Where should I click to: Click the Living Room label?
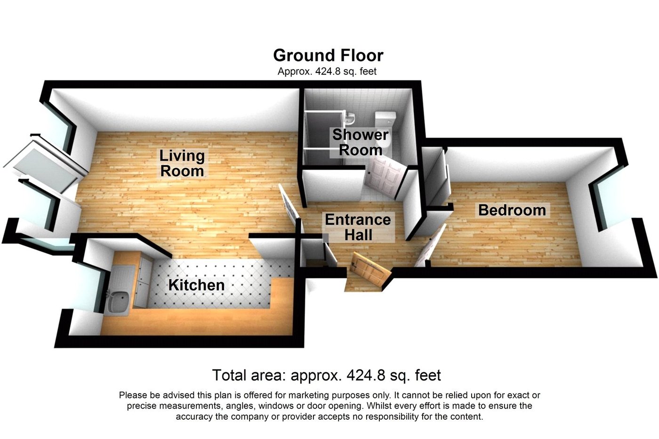click(x=182, y=163)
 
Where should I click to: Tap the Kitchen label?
click(x=196, y=285)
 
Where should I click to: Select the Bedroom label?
click(x=512, y=210)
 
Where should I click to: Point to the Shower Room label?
click(x=360, y=142)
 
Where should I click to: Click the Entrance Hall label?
click(x=358, y=227)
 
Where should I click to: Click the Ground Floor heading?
click(x=328, y=56)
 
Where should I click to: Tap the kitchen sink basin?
click(x=117, y=302)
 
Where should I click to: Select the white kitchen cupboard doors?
click(x=143, y=281)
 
